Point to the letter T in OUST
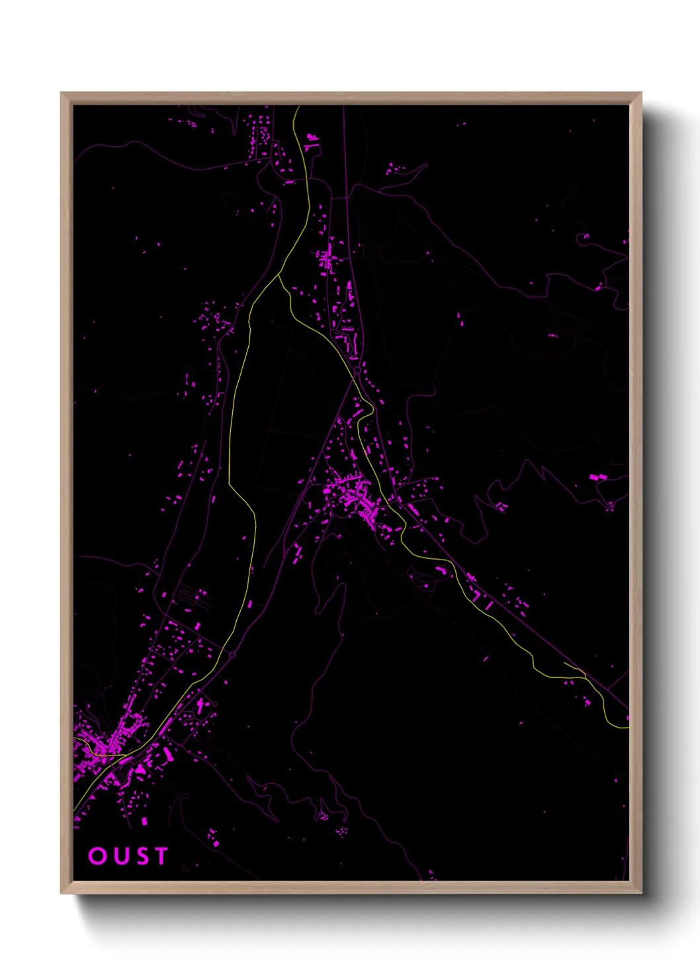(x=159, y=856)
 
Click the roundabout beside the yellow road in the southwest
(x=232, y=655)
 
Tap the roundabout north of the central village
(x=357, y=371)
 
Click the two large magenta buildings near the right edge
(x=597, y=477)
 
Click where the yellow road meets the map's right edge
(x=627, y=727)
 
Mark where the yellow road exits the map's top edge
(x=298, y=107)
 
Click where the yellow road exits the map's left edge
(x=74, y=809)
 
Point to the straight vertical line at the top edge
(x=343, y=132)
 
